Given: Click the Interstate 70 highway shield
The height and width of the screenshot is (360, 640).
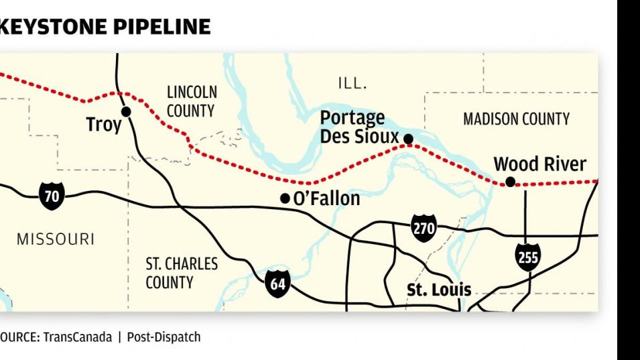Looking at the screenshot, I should tap(52, 196).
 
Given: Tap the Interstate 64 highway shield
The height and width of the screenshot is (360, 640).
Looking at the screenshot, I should tap(277, 284).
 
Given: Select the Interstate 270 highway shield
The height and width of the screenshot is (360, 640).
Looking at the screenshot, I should tap(424, 229).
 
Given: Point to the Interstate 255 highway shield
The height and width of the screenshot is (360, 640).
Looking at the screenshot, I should tap(528, 257).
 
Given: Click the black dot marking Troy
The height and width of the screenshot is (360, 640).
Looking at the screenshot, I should tap(125, 111).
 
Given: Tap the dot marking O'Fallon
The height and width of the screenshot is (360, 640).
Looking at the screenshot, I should tap(285, 198).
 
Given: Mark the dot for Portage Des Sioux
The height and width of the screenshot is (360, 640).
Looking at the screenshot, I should tap(408, 139).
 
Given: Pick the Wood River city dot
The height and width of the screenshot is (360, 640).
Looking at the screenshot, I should tap(510, 182).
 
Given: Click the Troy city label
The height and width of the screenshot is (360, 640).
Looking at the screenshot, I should tap(104, 125).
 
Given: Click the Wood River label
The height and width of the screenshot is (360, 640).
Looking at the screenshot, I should tap(539, 164).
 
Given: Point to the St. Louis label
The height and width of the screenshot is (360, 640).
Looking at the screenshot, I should tap(439, 290).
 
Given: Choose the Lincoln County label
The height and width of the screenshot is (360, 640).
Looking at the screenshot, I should tap(192, 101).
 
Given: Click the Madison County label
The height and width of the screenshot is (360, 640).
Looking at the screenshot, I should tap(516, 119).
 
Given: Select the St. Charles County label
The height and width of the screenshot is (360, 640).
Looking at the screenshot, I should tap(182, 273).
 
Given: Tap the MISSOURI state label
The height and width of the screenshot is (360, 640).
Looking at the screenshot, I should tap(56, 239).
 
